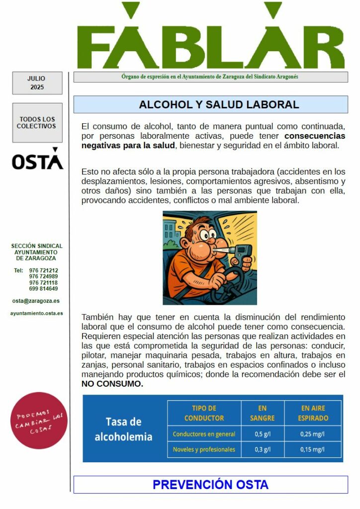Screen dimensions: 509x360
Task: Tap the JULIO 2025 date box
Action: point(37,83)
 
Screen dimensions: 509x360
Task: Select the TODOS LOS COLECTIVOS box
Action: point(37,123)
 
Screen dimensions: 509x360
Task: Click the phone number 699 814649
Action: point(43,289)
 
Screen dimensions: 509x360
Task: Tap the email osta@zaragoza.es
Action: point(36,301)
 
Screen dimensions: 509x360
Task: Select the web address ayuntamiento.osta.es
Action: point(37,313)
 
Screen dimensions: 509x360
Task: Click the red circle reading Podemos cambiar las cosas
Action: point(39,421)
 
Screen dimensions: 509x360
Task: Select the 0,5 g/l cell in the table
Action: point(263,434)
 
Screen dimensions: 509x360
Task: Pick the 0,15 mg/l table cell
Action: point(313,450)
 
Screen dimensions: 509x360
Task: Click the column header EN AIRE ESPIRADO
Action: point(313,413)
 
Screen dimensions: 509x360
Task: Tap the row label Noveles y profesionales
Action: point(204,450)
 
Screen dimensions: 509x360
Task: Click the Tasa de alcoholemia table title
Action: point(124,429)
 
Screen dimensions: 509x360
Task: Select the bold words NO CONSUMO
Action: point(112,384)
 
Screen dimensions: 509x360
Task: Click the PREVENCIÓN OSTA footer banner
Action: point(210,485)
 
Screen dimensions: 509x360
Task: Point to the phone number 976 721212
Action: point(43,270)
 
